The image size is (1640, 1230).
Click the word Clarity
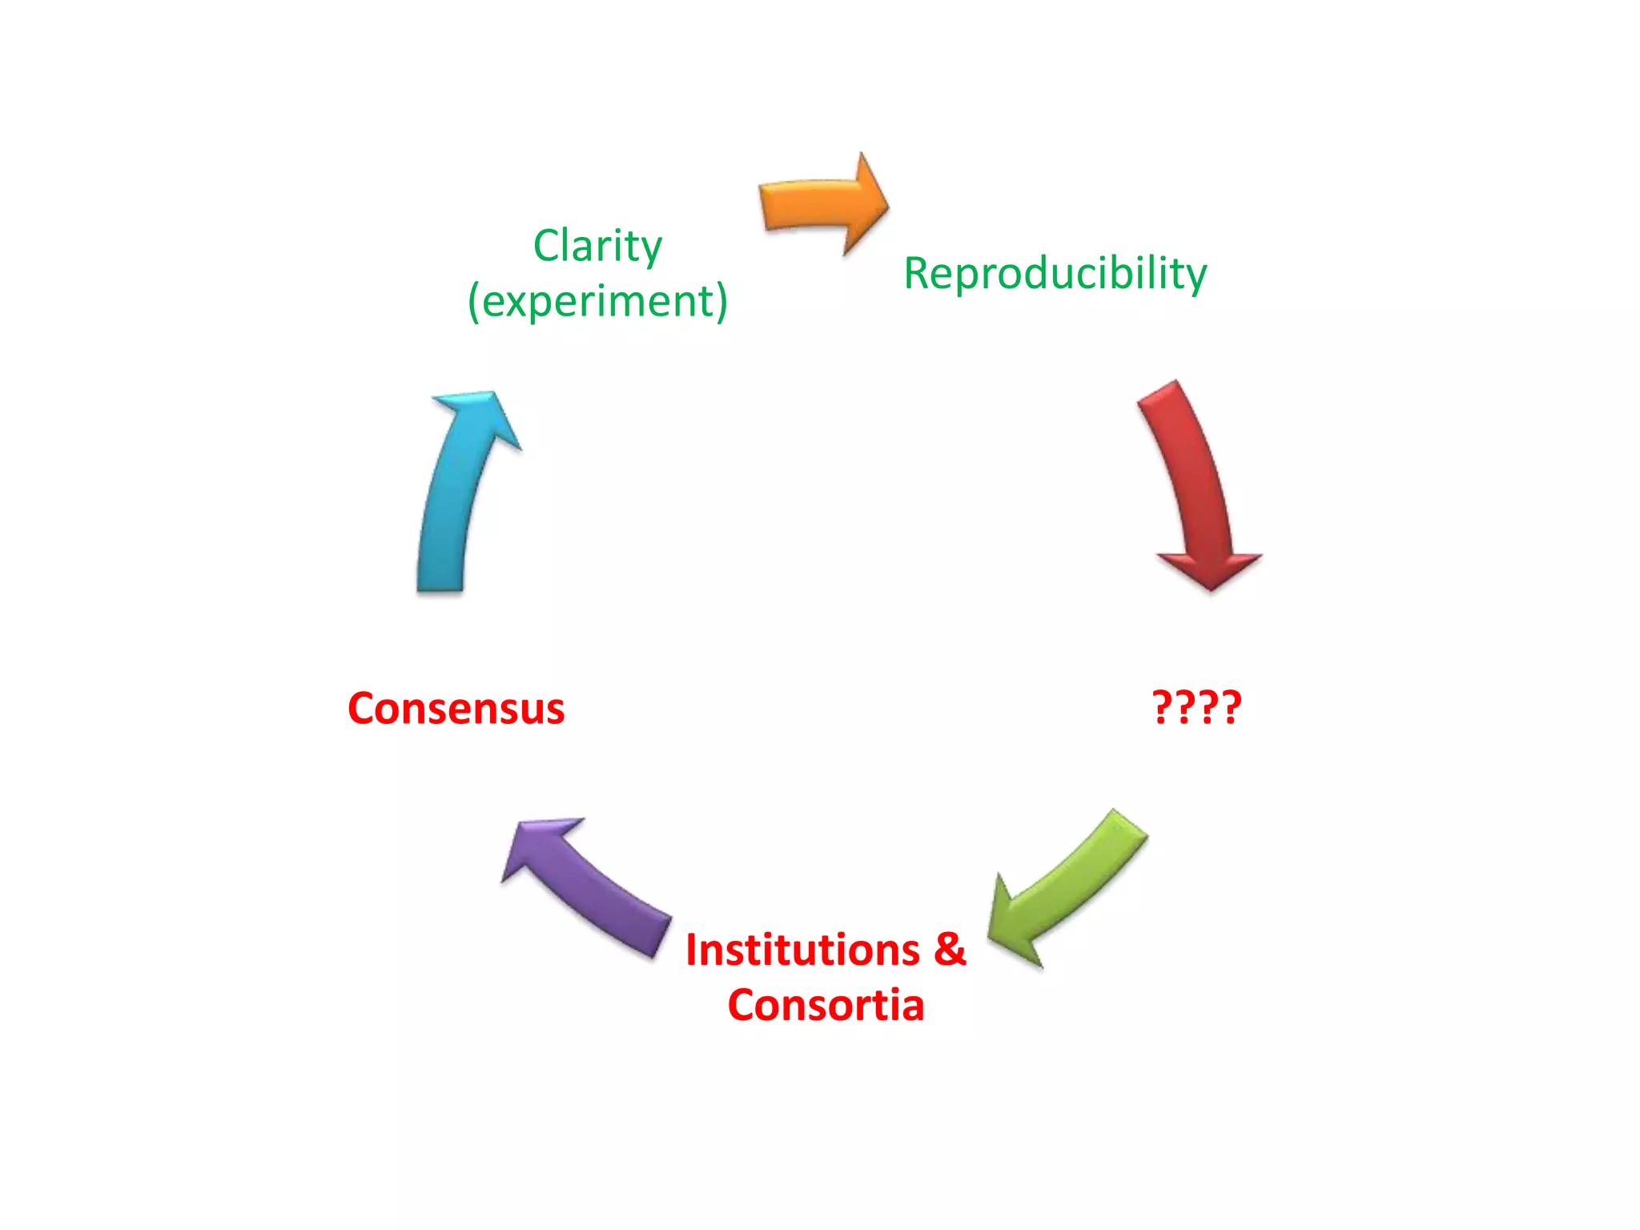click(x=597, y=247)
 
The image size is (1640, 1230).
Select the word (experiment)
click(x=597, y=302)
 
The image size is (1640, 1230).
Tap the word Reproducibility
click(x=1055, y=274)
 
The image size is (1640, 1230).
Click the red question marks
click(x=1196, y=707)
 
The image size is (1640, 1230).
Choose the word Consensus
click(x=456, y=709)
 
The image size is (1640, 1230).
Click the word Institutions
click(x=802, y=951)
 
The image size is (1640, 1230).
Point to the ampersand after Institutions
click(x=950, y=951)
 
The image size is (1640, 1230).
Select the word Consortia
click(x=826, y=1006)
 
